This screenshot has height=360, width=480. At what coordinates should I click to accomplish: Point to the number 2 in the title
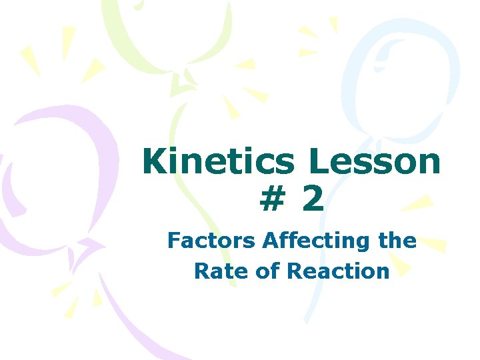tap(313, 200)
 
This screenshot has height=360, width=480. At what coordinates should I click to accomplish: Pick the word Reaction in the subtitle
tap(338, 271)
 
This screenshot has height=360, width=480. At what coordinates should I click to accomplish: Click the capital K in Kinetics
tap(155, 162)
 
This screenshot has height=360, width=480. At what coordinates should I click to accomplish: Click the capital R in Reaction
tap(295, 271)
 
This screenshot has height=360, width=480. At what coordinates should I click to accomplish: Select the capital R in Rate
tap(201, 271)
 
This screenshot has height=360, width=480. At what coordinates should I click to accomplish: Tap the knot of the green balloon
tap(181, 84)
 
